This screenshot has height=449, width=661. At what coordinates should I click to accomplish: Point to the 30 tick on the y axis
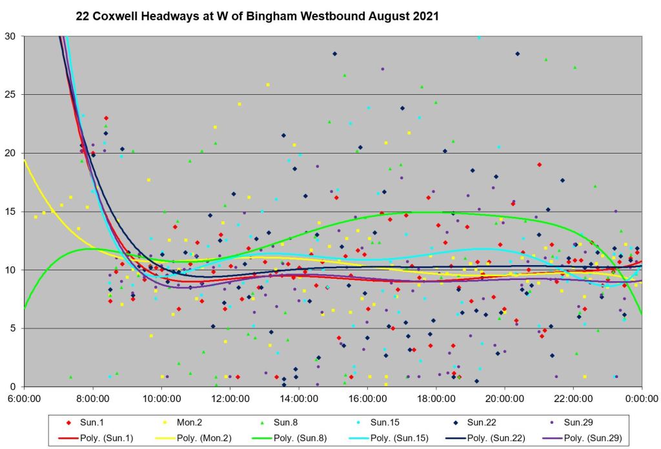pyautogui.click(x=13, y=36)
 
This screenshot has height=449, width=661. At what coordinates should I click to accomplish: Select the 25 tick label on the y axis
pyautogui.click(x=13, y=95)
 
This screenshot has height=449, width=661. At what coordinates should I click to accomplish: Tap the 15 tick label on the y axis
pyautogui.click(x=13, y=212)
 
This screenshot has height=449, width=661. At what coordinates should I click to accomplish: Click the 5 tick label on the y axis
pyautogui.click(x=15, y=328)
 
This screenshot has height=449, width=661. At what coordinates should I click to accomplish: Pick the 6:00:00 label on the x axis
pyautogui.click(x=25, y=399)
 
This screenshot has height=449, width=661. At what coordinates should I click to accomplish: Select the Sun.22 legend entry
pyautogui.click(x=482, y=423)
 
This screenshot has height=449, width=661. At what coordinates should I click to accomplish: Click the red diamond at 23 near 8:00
pyautogui.click(x=106, y=118)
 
